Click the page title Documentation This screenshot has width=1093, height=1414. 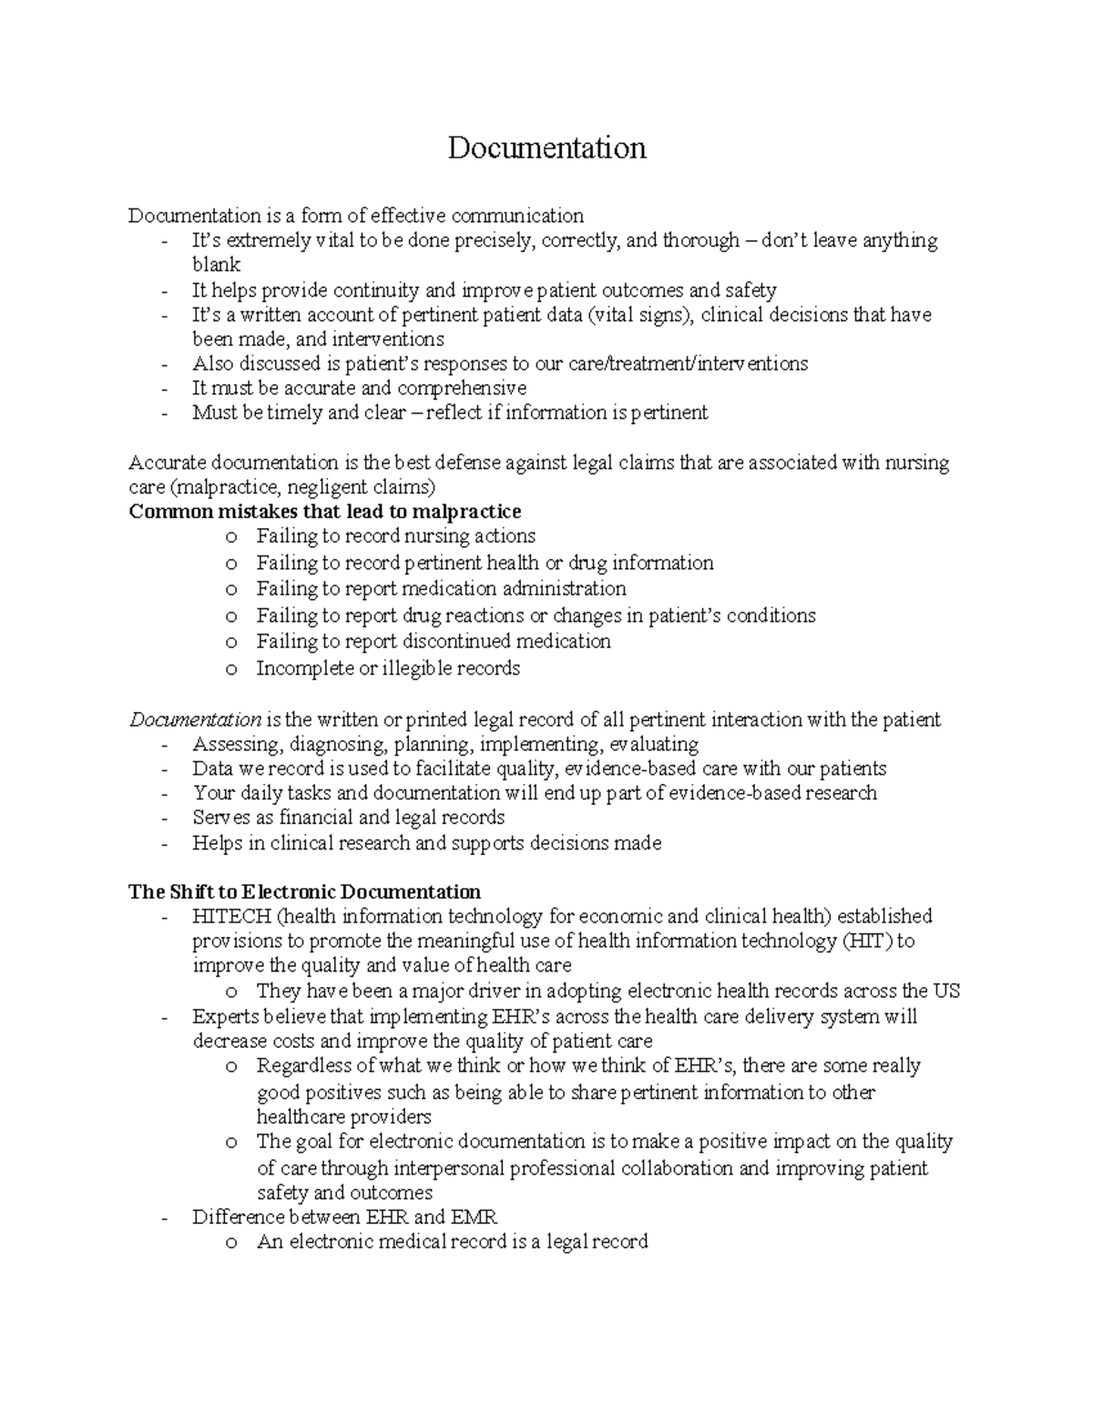pyautogui.click(x=546, y=148)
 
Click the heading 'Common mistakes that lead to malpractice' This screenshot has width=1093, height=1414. pyautogui.click(x=325, y=511)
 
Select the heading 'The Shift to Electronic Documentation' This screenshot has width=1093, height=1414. pyautogui.click(x=304, y=891)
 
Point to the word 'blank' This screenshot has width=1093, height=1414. pyautogui.click(x=216, y=265)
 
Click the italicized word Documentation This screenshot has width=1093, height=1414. pyautogui.click(x=195, y=720)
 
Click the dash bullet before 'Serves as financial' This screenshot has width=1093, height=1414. pyautogui.click(x=164, y=819)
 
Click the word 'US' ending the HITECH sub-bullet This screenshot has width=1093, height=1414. pyautogui.click(x=946, y=992)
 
